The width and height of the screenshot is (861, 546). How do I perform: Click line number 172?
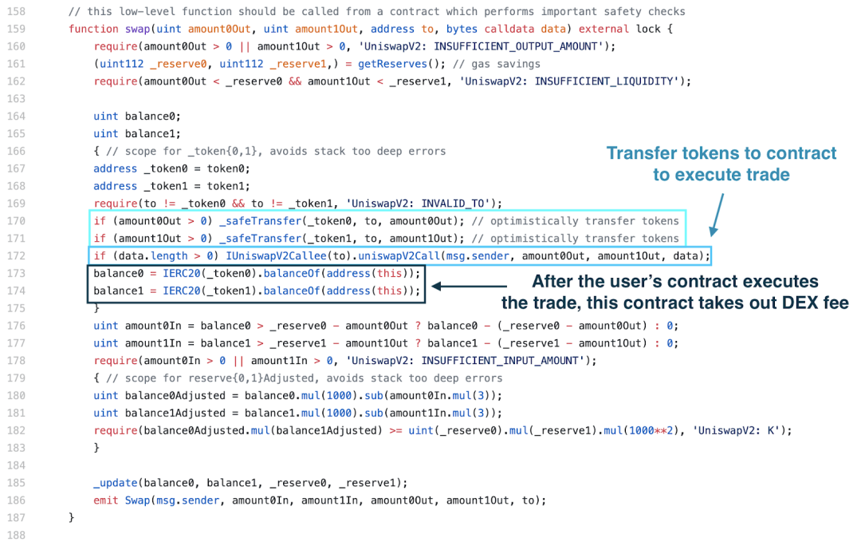15,255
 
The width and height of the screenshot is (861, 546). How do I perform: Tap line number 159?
15,29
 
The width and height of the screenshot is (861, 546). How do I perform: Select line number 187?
15,517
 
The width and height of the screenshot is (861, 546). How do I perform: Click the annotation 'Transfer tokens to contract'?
721,153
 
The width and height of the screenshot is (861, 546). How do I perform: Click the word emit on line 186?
106,500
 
